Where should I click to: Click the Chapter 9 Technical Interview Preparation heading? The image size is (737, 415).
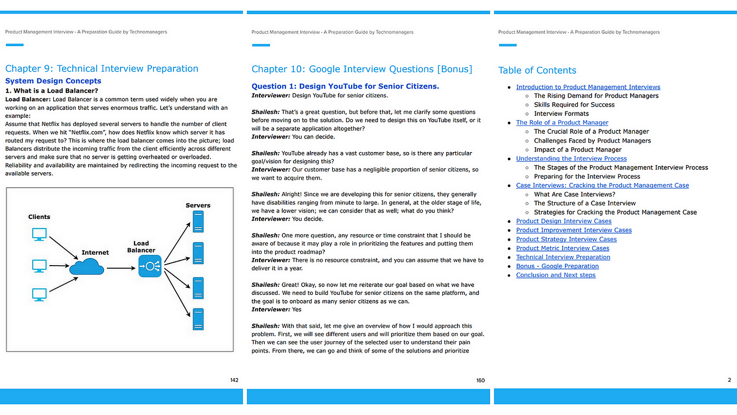[x=101, y=68]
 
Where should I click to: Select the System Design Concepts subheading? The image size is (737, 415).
[x=53, y=81]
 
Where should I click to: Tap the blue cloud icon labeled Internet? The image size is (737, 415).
[x=87, y=267]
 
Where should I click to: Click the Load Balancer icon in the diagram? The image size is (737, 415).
[x=150, y=267]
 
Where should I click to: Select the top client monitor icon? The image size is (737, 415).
[x=40, y=234]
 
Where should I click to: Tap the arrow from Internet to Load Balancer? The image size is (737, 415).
[x=120, y=267]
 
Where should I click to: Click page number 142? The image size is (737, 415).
[x=234, y=380]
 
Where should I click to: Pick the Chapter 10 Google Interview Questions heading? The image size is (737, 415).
[x=361, y=69]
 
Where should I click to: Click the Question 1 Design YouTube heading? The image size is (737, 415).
[x=345, y=86]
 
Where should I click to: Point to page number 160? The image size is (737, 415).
[x=480, y=380]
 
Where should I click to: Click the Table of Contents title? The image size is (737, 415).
[x=537, y=70]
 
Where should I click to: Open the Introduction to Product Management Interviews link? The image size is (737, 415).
[x=588, y=87]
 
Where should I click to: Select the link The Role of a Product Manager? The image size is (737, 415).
[x=562, y=123]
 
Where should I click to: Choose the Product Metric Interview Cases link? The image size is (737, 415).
[x=562, y=248]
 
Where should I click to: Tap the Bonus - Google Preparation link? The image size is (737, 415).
[x=557, y=266]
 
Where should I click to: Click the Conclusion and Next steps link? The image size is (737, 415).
[x=555, y=275]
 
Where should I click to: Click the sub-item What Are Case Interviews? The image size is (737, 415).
[x=574, y=194]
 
